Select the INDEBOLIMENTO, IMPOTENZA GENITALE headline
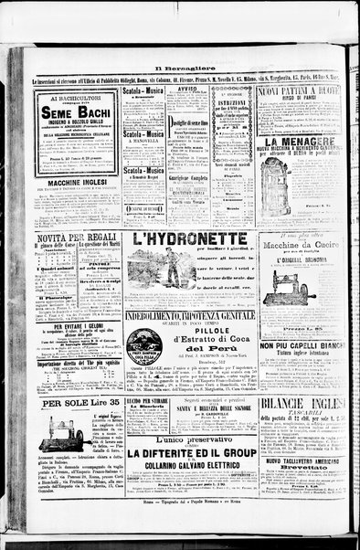click(x=189, y=315)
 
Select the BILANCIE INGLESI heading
click(x=301, y=404)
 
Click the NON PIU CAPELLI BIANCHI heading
click(x=301, y=346)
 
